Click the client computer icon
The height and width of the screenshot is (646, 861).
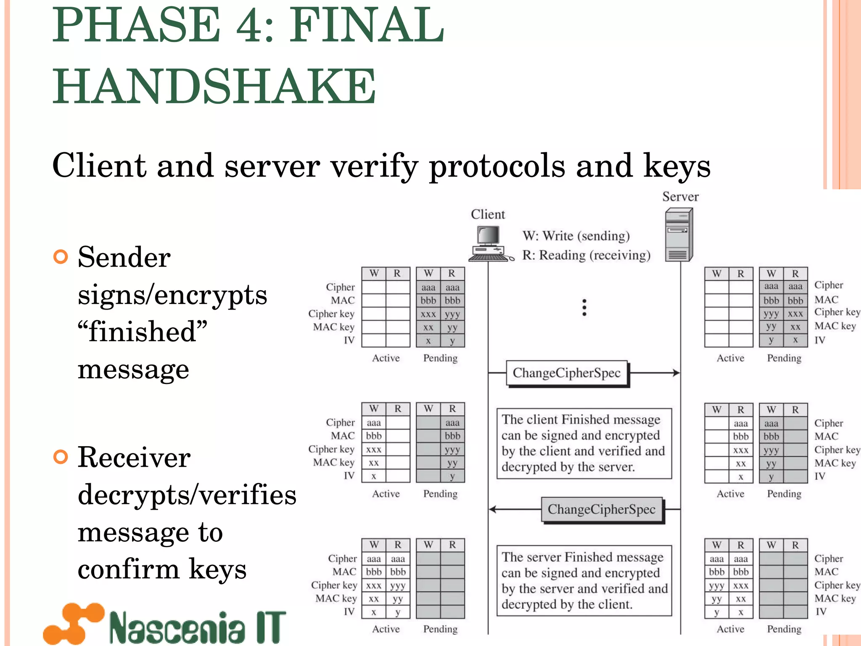[x=489, y=243]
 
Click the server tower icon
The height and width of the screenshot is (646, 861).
[x=679, y=236]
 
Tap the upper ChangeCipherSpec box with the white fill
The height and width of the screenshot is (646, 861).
[x=567, y=373]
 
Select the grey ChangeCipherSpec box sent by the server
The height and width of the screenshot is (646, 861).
[x=602, y=509]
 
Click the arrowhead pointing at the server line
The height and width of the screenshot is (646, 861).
[x=676, y=373]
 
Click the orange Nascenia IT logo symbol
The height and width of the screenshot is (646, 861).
[x=74, y=623]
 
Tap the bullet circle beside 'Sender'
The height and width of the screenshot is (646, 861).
[x=61, y=257]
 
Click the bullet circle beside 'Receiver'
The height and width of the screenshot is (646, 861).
[x=61, y=457]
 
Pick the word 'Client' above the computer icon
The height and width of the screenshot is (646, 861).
[x=488, y=214]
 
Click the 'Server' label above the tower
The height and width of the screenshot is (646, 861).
[x=680, y=197]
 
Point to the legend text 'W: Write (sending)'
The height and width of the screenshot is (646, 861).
[x=576, y=236]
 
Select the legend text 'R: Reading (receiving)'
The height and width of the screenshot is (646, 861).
[x=586, y=255]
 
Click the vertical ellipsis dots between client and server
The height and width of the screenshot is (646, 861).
[x=584, y=307]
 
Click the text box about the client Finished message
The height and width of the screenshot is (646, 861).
[x=584, y=443]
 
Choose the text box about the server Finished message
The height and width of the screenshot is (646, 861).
[x=584, y=580]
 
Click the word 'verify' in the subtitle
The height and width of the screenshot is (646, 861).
[x=374, y=166]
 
